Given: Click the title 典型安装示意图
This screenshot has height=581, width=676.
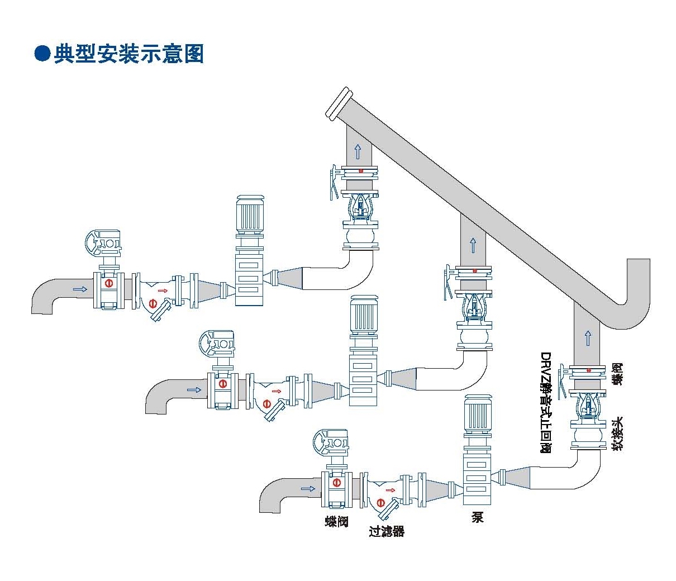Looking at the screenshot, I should click(x=128, y=54).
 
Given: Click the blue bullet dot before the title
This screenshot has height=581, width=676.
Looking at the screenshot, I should click(x=42, y=54).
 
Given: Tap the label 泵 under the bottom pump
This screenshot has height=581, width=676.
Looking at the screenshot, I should click(x=477, y=517).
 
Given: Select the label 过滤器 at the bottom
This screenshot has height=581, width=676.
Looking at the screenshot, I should click(x=386, y=531).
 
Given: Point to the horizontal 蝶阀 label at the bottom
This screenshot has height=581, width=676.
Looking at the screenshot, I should click(x=337, y=521).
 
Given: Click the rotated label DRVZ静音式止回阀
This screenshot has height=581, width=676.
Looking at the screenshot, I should click(x=546, y=402).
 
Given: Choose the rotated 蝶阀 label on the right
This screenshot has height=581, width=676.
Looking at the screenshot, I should click(x=617, y=374).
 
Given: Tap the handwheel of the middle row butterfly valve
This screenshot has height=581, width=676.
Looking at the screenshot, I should click(x=217, y=343).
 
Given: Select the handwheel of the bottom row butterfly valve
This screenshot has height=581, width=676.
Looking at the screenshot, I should click(x=330, y=441).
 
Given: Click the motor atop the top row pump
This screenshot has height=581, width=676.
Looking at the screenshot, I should click(x=250, y=214).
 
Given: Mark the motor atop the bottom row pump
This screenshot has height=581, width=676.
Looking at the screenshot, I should click(x=477, y=414).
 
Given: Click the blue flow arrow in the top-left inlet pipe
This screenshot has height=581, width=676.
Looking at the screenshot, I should click(x=80, y=289).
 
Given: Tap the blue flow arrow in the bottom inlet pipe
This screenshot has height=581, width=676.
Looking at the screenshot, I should click(x=307, y=489).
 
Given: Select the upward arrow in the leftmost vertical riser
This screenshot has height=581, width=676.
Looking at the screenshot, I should click(x=358, y=151).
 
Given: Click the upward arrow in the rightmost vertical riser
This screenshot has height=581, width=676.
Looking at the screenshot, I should click(x=588, y=337).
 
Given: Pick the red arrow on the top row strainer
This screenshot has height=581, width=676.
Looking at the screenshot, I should click(x=163, y=290).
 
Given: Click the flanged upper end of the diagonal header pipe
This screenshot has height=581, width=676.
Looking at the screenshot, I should click(x=339, y=103).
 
